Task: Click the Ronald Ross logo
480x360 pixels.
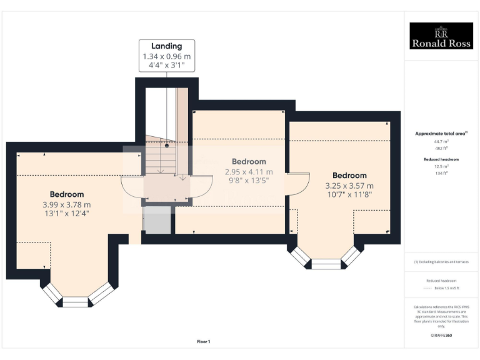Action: [x=441, y=36]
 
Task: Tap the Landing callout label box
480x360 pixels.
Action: [x=167, y=56]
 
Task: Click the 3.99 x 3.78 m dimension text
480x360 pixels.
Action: [x=67, y=204]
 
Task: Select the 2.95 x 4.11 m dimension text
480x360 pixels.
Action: [x=249, y=172]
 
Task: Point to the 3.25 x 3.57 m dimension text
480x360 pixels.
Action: [x=349, y=186]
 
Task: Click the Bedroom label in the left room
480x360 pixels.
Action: [x=67, y=194]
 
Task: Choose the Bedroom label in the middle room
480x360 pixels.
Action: [x=249, y=161]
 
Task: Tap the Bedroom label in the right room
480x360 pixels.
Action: [x=349, y=175]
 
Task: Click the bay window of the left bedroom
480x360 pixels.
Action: [x=77, y=297]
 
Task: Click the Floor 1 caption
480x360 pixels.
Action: [x=203, y=341]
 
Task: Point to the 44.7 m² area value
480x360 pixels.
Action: [x=441, y=142]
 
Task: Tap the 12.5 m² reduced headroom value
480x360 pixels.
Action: [x=441, y=167]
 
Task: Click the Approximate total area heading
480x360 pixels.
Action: [x=441, y=134]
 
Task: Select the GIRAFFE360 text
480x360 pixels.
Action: [x=441, y=336]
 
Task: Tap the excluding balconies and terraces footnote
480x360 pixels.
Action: [x=441, y=262]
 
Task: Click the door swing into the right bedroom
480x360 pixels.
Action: [x=298, y=183]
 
